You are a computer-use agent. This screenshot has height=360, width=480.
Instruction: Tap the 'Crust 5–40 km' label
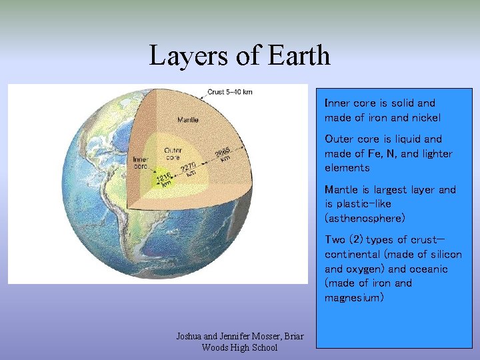(x=230, y=91)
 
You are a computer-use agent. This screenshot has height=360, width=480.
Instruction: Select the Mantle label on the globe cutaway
(x=187, y=120)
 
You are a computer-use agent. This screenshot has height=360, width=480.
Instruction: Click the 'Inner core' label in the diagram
(x=140, y=163)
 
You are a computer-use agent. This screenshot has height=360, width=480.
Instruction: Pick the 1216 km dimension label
(x=164, y=180)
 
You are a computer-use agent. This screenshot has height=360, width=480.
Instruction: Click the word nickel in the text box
(x=425, y=118)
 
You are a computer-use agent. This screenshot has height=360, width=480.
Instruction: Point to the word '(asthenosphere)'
(x=365, y=218)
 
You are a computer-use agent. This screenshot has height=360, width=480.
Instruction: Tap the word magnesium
(x=354, y=298)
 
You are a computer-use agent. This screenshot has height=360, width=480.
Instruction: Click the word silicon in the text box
(x=445, y=254)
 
